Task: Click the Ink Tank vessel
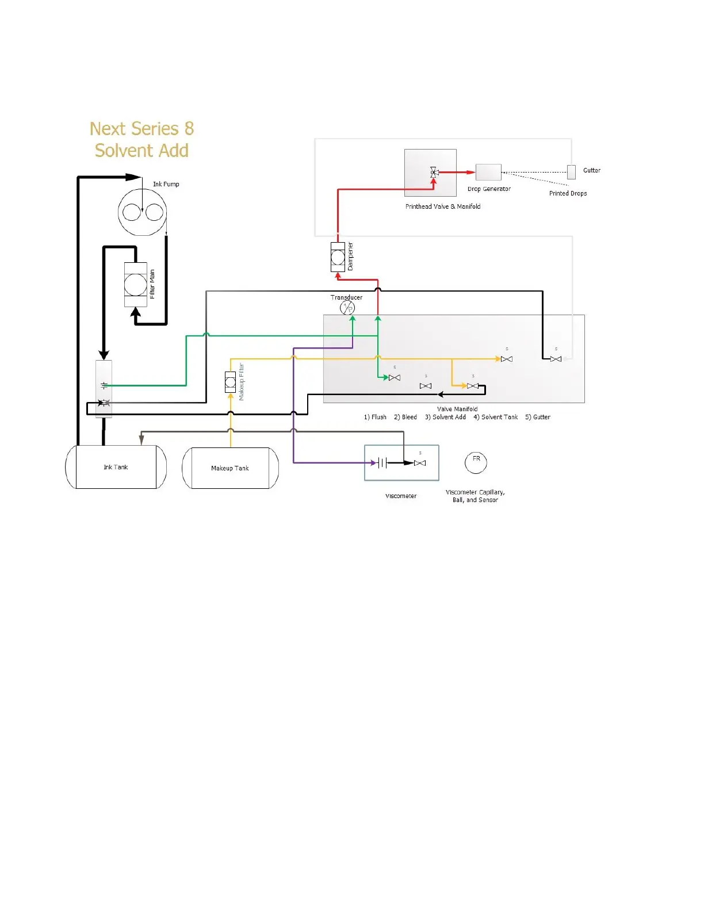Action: pyautogui.click(x=116, y=467)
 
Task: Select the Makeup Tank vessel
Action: pyautogui.click(x=230, y=468)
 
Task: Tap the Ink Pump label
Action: pyautogui.click(x=166, y=184)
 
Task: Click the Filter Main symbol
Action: pyautogui.click(x=136, y=285)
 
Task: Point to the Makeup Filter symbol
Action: pyautogui.click(x=230, y=382)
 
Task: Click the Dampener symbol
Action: pyautogui.click(x=338, y=257)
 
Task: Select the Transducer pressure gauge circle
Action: pyautogui.click(x=347, y=308)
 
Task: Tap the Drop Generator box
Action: pyautogui.click(x=488, y=172)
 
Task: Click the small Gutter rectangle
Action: pyautogui.click(x=571, y=171)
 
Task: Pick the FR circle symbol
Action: pyautogui.click(x=476, y=462)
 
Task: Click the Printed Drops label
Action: pyautogui.click(x=568, y=193)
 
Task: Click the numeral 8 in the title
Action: pyautogui.click(x=189, y=128)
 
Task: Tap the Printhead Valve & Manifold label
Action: pyautogui.click(x=442, y=206)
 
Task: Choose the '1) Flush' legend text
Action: pyautogui.click(x=375, y=417)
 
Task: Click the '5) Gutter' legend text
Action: pyautogui.click(x=537, y=417)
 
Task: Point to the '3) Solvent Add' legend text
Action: pyautogui.click(x=445, y=417)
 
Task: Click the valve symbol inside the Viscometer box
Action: pyautogui.click(x=420, y=463)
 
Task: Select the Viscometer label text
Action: pyautogui.click(x=401, y=496)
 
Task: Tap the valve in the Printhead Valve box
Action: pyautogui.click(x=434, y=172)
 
